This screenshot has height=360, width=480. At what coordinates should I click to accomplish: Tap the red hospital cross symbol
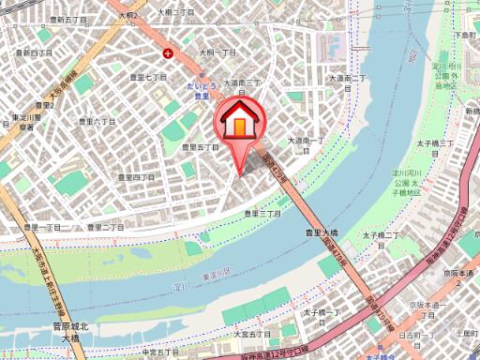168,52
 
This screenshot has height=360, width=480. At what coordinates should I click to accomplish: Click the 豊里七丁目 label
149,78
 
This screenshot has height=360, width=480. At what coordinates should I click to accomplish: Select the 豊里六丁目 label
84,122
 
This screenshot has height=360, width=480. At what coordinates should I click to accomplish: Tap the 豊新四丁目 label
33,53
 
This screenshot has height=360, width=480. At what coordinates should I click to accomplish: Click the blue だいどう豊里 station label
197,89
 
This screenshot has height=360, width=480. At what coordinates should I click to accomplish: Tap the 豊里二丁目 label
105,227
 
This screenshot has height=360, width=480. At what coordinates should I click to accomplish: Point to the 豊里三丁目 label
262,214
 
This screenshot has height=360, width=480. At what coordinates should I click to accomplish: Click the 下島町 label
465,34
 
